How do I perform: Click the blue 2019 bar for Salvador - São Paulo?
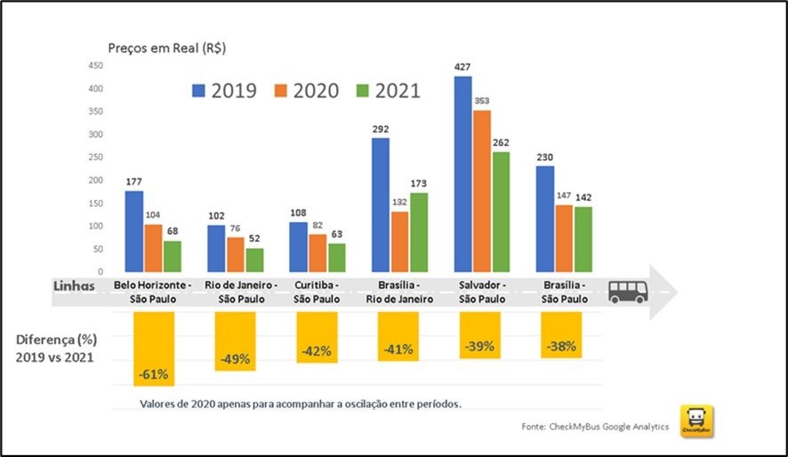pos(462,174)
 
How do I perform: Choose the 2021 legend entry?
pos(388,91)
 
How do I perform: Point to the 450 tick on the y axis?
pos(96,66)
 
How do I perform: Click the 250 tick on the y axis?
pos(96,157)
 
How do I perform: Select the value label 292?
pos(380,128)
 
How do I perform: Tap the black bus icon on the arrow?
pos(627,292)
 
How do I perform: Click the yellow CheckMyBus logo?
pos(696,421)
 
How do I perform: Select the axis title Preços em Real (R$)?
pos(166,49)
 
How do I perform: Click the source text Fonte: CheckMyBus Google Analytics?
pos(594,428)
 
